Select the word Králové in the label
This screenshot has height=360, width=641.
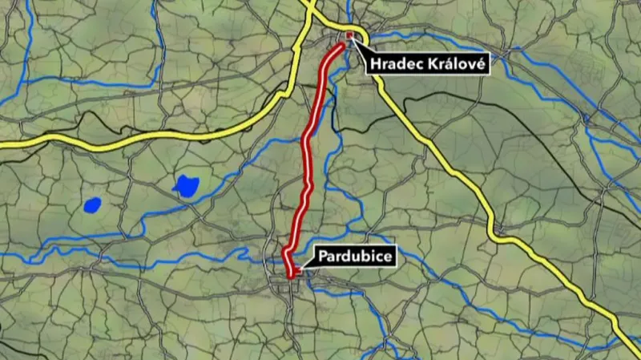point(457,63)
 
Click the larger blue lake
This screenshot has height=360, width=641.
point(186,187)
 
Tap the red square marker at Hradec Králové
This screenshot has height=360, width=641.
point(350,37)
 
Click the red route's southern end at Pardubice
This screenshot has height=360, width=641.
point(291,275)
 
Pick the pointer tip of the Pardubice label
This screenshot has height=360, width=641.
point(294,272)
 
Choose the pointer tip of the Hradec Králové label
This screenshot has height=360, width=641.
point(353,40)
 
